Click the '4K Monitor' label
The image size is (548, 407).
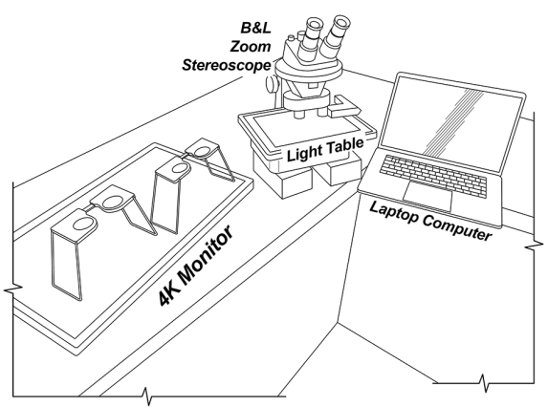coord(196,266)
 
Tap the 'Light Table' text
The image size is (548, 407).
coord(325,149)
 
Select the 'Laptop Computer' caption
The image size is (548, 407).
coord(430,221)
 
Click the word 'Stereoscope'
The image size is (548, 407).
coord(227,65)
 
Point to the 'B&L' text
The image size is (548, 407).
coord(255,28)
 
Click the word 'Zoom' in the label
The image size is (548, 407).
coord(251,47)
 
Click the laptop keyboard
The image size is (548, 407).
coord(433,175)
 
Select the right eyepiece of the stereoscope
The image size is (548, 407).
coord(336,35)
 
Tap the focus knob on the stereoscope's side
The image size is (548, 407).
coord(272,84)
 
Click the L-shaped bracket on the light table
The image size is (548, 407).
coord(344,106)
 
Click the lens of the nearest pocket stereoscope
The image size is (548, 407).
coord(84,225)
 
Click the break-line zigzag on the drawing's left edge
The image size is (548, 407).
coord(13,289)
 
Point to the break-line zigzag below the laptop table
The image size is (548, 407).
coord(483,383)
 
